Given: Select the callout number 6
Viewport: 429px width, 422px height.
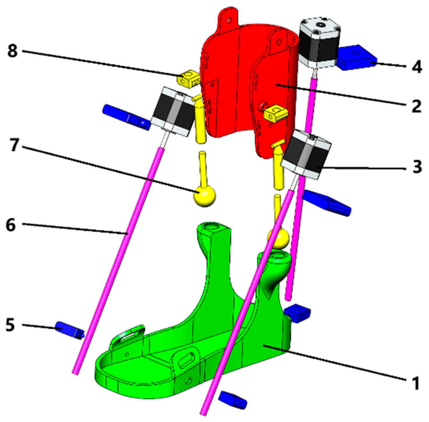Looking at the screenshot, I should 11,225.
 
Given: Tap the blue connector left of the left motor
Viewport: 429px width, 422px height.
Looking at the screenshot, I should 126,117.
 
